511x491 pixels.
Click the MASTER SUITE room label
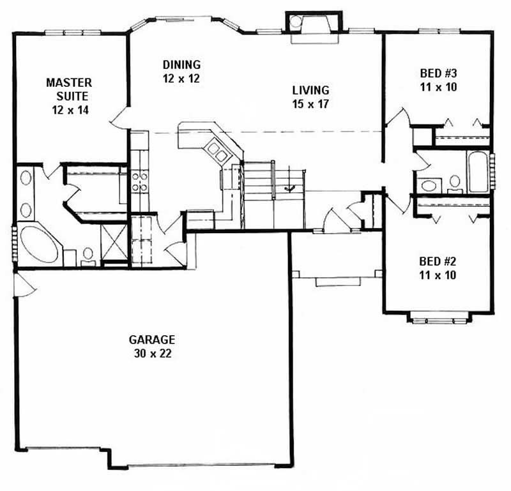click(68, 89)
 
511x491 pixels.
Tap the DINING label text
click(181, 64)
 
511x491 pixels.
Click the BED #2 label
click(438, 262)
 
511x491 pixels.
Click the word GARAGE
click(151, 340)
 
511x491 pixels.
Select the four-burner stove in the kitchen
click(140, 182)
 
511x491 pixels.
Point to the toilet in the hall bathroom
click(455, 183)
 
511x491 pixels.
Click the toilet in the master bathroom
click(89, 256)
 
